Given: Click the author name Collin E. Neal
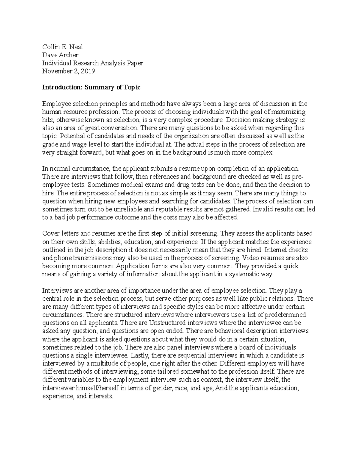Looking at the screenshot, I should point(62,47).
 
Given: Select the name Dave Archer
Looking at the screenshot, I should point(60,55).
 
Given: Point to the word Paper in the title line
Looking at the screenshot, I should point(135,63).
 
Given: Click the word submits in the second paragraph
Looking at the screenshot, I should point(151,169).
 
